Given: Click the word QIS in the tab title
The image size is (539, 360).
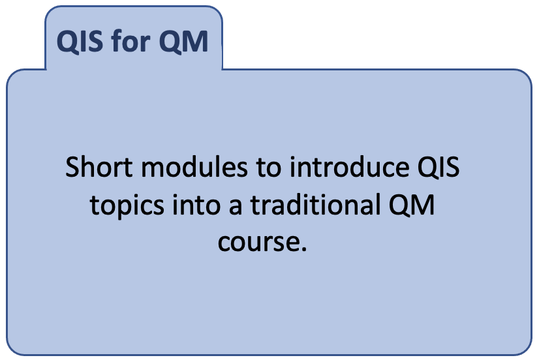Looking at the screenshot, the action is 80,42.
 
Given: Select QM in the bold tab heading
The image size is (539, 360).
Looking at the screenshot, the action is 183,42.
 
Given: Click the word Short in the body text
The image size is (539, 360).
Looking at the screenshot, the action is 99,167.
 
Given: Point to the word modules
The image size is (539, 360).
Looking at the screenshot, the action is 194,167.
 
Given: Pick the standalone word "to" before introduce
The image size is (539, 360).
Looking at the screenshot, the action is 268,168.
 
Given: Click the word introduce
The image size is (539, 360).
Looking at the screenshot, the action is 350,167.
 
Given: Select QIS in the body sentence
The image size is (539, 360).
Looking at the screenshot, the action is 439,168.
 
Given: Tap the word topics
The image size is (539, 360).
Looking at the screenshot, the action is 127,205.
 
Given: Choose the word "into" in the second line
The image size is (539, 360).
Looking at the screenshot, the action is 196,204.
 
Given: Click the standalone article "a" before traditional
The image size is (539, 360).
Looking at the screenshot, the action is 236,207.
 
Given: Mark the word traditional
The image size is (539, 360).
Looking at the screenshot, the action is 315,204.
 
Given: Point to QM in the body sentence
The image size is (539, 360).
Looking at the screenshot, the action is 412,205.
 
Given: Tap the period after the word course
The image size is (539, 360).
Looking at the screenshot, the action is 303,248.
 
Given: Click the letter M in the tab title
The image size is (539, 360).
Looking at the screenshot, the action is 196,41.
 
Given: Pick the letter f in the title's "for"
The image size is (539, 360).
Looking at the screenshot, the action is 117,40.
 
